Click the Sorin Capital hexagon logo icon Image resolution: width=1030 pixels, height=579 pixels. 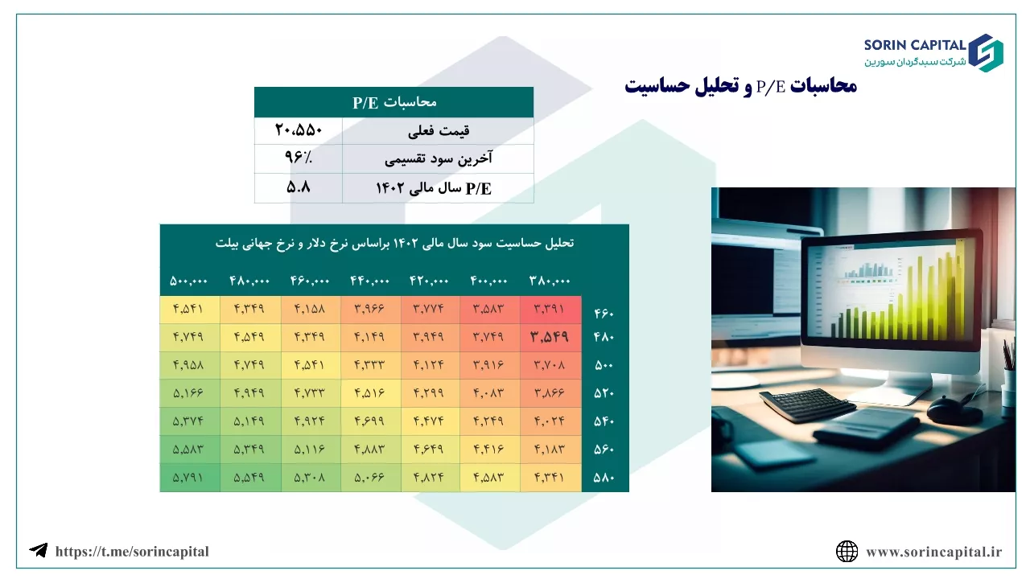pyautogui.click(x=986, y=53)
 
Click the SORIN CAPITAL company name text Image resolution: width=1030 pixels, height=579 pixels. pyautogui.click(x=915, y=45)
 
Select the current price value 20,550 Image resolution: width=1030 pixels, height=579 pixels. pyautogui.click(x=299, y=130)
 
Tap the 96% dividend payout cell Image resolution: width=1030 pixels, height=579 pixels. pyautogui.click(x=299, y=158)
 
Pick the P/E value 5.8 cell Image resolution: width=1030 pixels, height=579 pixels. pyautogui.click(x=299, y=187)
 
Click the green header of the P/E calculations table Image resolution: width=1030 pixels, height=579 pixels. pyautogui.click(x=394, y=102)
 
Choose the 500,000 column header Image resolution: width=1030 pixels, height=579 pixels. pyautogui.click(x=188, y=281)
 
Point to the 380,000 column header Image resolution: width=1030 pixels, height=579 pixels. pyautogui.click(x=550, y=281)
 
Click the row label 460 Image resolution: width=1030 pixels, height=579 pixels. pyautogui.click(x=604, y=314)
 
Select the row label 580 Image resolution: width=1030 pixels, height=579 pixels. pyautogui.click(x=604, y=478)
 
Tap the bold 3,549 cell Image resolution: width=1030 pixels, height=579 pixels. pyautogui.click(x=550, y=337)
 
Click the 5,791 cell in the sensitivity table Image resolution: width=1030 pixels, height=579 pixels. pyautogui.click(x=188, y=478)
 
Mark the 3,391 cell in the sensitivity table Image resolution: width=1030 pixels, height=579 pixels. pyautogui.click(x=550, y=309)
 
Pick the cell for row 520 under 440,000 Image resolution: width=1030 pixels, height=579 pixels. pyautogui.click(x=370, y=393)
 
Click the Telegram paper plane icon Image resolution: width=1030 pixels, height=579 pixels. pyautogui.click(x=39, y=550)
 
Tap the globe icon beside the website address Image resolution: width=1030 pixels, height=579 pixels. pyautogui.click(x=847, y=552)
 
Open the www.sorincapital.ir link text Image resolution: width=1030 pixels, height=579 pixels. pyautogui.click(x=934, y=552)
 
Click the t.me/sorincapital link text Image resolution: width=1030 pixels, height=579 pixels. pyautogui.click(x=132, y=552)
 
